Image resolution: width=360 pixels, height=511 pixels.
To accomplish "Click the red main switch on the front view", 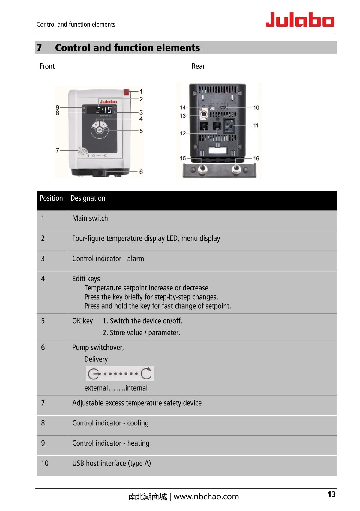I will pyautogui.click(x=126, y=92).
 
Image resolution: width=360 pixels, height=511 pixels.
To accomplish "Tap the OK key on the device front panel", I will pyautogui.click(x=100, y=130).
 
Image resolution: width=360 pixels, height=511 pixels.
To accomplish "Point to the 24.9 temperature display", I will pyautogui.click(x=103, y=110).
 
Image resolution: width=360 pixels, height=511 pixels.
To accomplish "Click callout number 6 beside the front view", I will pyautogui.click(x=141, y=172).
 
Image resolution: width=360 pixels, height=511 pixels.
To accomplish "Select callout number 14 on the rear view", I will pyautogui.click(x=183, y=107).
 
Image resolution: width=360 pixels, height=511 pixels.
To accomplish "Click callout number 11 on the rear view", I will pyautogui.click(x=256, y=125).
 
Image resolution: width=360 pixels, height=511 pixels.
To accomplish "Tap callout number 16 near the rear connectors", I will pyautogui.click(x=256, y=158).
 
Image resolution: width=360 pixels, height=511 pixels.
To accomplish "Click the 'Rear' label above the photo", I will pyautogui.click(x=198, y=66).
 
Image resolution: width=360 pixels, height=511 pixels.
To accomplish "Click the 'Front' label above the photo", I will pyautogui.click(x=47, y=66).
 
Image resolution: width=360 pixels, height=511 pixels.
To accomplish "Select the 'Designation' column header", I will pyautogui.click(x=88, y=198).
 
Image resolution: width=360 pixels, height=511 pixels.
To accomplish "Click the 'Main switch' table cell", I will pyautogui.click(x=90, y=218).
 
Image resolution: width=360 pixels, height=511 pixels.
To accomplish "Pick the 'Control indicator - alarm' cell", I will pyautogui.click(x=108, y=259).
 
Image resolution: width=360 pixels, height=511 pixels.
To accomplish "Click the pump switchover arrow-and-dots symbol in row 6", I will pyautogui.click(x=120, y=373).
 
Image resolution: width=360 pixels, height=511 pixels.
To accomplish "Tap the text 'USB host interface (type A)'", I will pyautogui.click(x=112, y=463).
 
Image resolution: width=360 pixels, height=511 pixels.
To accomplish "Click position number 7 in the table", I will pyautogui.click(x=43, y=403).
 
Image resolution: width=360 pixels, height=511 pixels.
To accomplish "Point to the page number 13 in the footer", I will pyautogui.click(x=331, y=494).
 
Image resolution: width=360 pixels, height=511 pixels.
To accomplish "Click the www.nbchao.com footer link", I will pyautogui.click(x=206, y=497).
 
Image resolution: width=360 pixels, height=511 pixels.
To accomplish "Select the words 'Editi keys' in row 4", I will pyautogui.click(x=86, y=279).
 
